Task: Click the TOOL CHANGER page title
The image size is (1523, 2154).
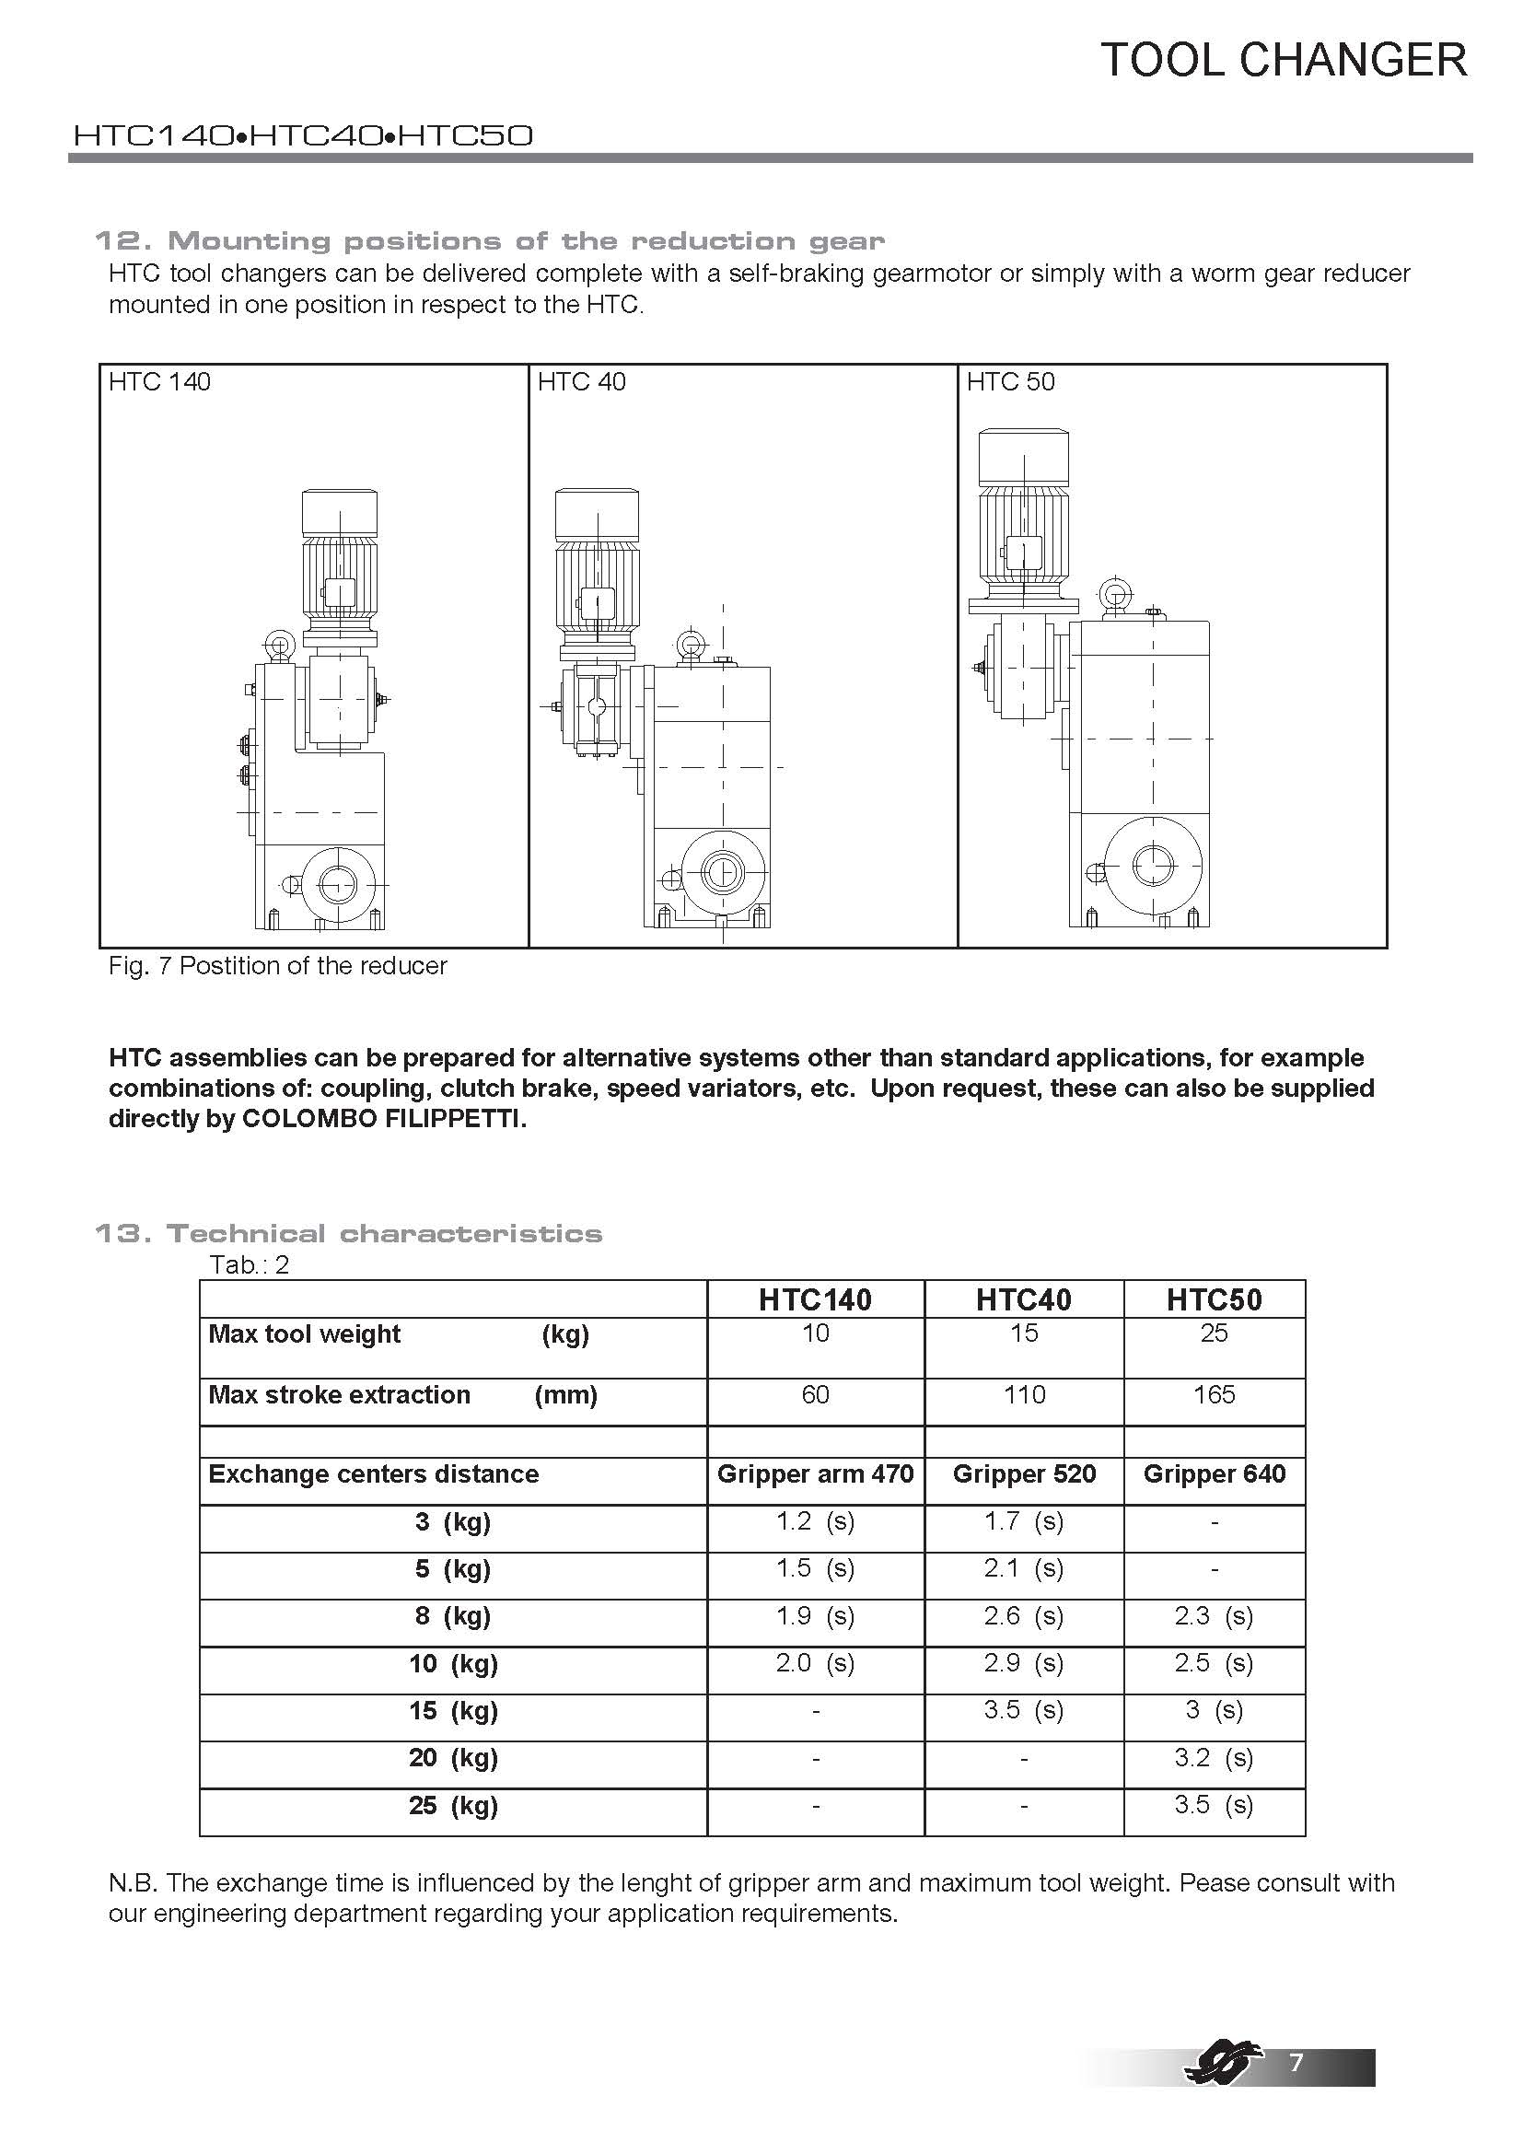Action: pyautogui.click(x=1283, y=60)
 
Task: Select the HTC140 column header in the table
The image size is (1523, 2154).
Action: pyautogui.click(x=815, y=1299)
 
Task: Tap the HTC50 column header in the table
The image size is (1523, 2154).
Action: pyautogui.click(x=1214, y=1299)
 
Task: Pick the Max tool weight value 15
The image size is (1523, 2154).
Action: pyautogui.click(x=1023, y=1333)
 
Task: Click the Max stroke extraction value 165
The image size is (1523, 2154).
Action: pyautogui.click(x=1214, y=1395)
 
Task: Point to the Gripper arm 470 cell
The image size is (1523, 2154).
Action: pyautogui.click(x=815, y=1473)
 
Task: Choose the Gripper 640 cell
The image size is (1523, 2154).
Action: pyautogui.click(x=1214, y=1473)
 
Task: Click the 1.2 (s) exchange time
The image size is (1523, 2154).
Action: pyautogui.click(x=815, y=1520)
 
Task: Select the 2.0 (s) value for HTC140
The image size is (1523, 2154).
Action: pyautogui.click(x=815, y=1662)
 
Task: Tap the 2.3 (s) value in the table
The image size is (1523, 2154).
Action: pyautogui.click(x=1214, y=1615)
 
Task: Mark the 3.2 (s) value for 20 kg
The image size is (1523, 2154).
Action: pyautogui.click(x=1214, y=1757)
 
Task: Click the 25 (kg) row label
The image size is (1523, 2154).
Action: pyautogui.click(x=453, y=1805)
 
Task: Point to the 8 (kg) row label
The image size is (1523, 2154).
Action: pyautogui.click(x=453, y=1615)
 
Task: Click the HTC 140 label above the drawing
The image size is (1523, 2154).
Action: pyautogui.click(x=159, y=382)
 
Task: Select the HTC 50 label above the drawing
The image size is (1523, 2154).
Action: pyautogui.click(x=1010, y=382)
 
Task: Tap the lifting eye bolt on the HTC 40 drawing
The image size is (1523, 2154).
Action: pyautogui.click(x=691, y=646)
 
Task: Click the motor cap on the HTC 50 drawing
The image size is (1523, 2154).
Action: pyautogui.click(x=1023, y=458)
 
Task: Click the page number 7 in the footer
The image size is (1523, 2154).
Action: pyautogui.click(x=1296, y=2062)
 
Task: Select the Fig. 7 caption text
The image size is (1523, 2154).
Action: pyautogui.click(x=277, y=965)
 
